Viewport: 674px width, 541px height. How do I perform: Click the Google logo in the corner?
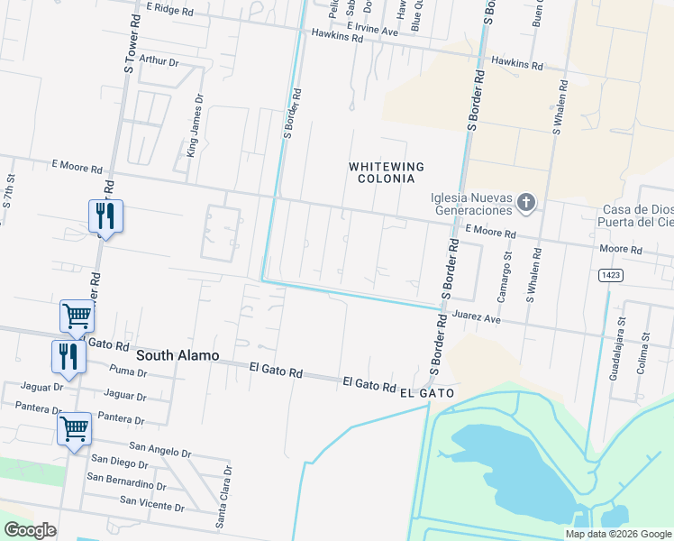click(30, 530)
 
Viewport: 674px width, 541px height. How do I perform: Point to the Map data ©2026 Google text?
click(618, 534)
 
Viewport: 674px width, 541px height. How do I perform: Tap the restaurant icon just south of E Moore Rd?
click(105, 216)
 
